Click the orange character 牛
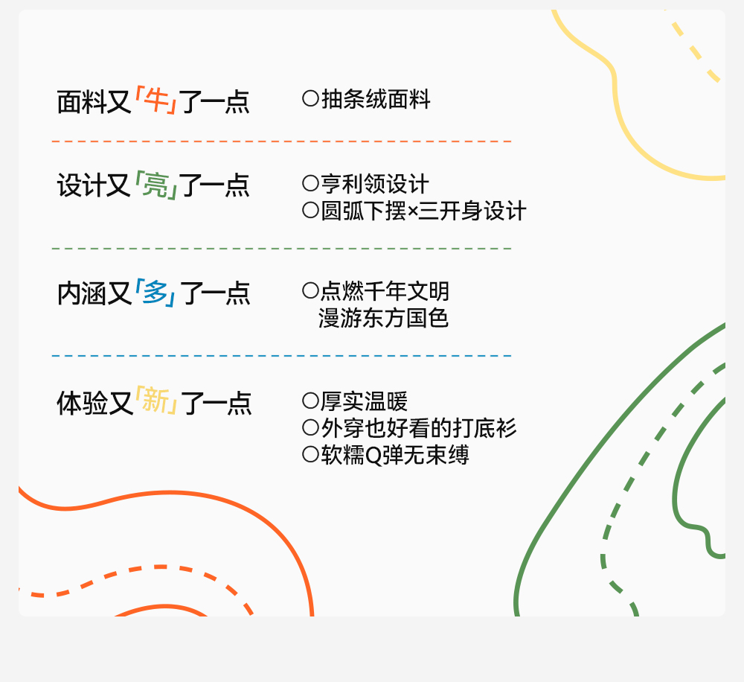156,101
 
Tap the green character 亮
155,185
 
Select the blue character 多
155,293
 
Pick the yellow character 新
156,402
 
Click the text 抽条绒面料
376,99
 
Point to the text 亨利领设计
375,184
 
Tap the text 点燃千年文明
385,290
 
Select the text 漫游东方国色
384,318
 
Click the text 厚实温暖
364,401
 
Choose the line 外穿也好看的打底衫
418,428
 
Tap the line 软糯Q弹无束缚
394,455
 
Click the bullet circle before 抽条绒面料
310,98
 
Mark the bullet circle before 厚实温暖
310,401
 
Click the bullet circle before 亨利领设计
310,183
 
